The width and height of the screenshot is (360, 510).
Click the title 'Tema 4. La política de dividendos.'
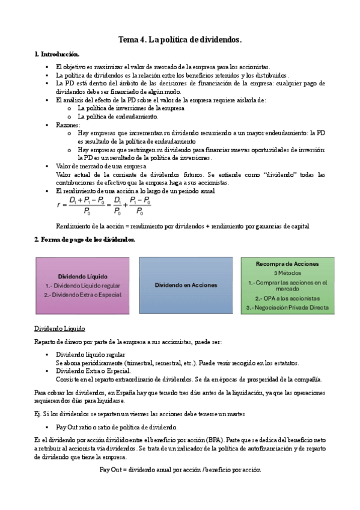point(180,40)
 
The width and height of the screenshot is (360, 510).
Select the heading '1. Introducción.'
point(56,55)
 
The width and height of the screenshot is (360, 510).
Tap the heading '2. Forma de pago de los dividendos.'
point(84,239)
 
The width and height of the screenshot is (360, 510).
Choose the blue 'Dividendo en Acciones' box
point(186,284)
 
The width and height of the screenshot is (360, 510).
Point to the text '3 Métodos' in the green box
point(287,272)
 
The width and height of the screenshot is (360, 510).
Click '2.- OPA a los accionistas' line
point(287,298)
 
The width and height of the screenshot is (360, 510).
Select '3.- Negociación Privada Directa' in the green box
point(287,307)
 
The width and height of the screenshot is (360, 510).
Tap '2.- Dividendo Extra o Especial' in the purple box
point(83,295)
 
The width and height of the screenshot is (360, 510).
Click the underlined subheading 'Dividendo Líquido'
point(59,329)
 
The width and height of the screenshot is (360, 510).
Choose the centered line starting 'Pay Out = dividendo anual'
point(180,470)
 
